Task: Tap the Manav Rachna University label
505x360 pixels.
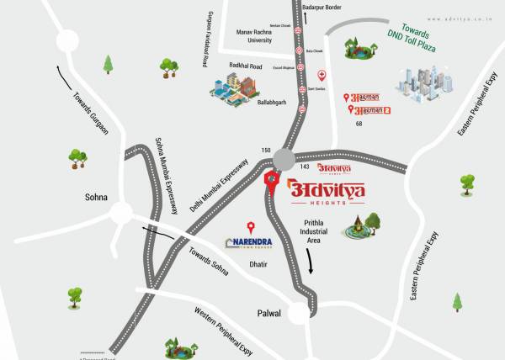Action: coord(257,35)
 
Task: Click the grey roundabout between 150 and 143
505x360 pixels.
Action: coord(284,160)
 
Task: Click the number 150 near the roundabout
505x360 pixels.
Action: coord(266,151)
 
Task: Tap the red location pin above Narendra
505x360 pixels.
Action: coord(250,226)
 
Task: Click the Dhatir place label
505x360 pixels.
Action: coord(258,264)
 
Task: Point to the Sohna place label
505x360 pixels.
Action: coord(97,197)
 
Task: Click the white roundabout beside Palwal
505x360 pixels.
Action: coord(298,314)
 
